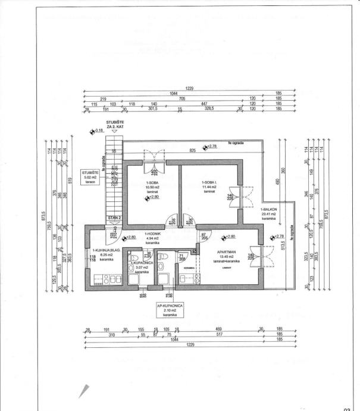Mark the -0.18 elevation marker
pyautogui.click(x=96, y=130)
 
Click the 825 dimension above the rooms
pyautogui.click(x=193, y=151)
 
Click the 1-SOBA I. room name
pyautogui.click(x=208, y=181)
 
